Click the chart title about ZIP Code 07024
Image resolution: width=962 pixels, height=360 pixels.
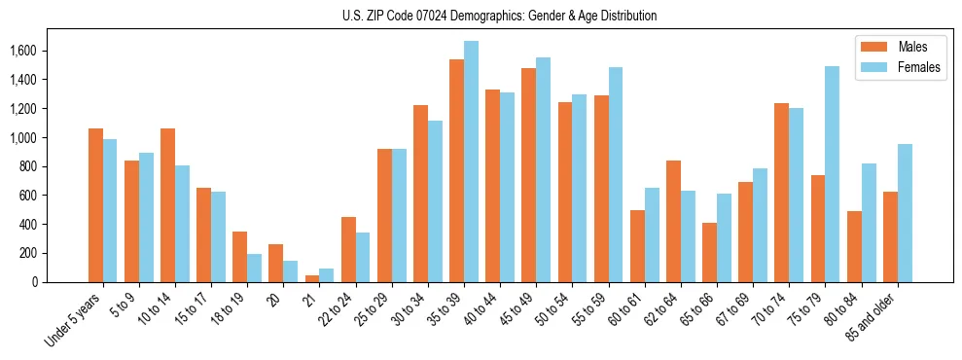(x=499, y=16)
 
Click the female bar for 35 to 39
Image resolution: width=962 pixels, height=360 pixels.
(x=471, y=162)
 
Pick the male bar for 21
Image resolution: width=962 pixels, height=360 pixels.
(x=311, y=278)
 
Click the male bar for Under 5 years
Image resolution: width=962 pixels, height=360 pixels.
(x=95, y=205)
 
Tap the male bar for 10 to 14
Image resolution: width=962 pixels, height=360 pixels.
(x=167, y=205)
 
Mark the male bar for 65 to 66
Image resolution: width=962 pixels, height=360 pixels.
(x=709, y=252)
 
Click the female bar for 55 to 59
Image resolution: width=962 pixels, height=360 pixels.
(x=616, y=175)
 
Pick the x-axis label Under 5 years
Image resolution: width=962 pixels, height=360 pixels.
(x=74, y=321)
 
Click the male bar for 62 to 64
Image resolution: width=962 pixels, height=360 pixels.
(x=673, y=221)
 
